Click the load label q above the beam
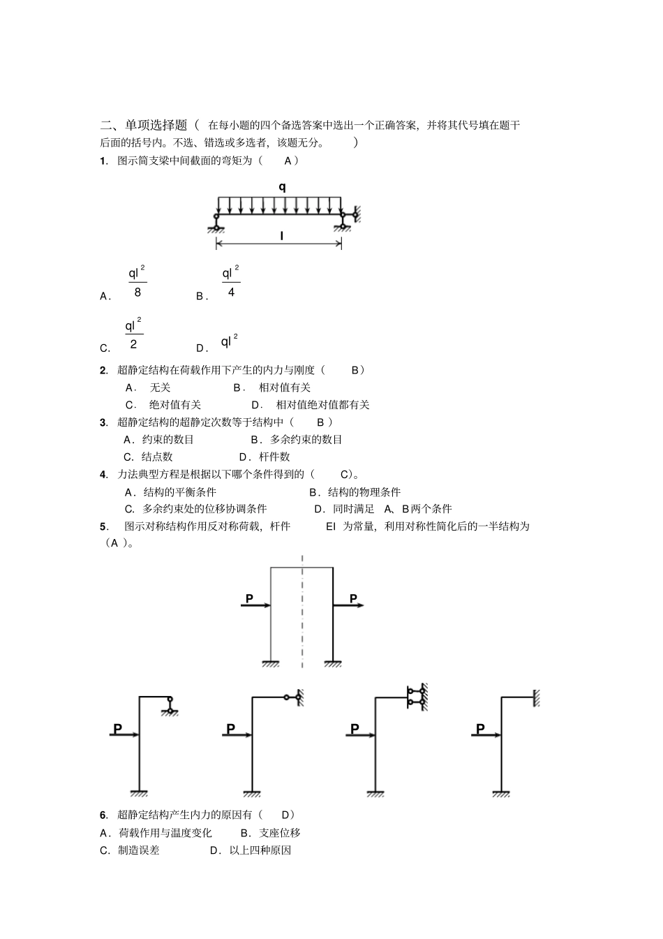tap(282, 187)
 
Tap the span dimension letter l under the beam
tap(282, 237)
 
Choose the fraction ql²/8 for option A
tap(137, 282)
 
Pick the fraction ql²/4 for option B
tap(231, 282)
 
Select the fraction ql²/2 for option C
tap(134, 334)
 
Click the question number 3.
tap(103, 422)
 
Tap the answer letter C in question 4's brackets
tap(344, 475)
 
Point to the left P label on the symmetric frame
tap(249, 598)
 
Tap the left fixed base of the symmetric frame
tap(271, 663)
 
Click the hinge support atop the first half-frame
tap(170, 705)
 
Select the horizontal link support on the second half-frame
tap(294, 697)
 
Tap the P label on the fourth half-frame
tap(480, 728)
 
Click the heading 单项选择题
tap(156, 125)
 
